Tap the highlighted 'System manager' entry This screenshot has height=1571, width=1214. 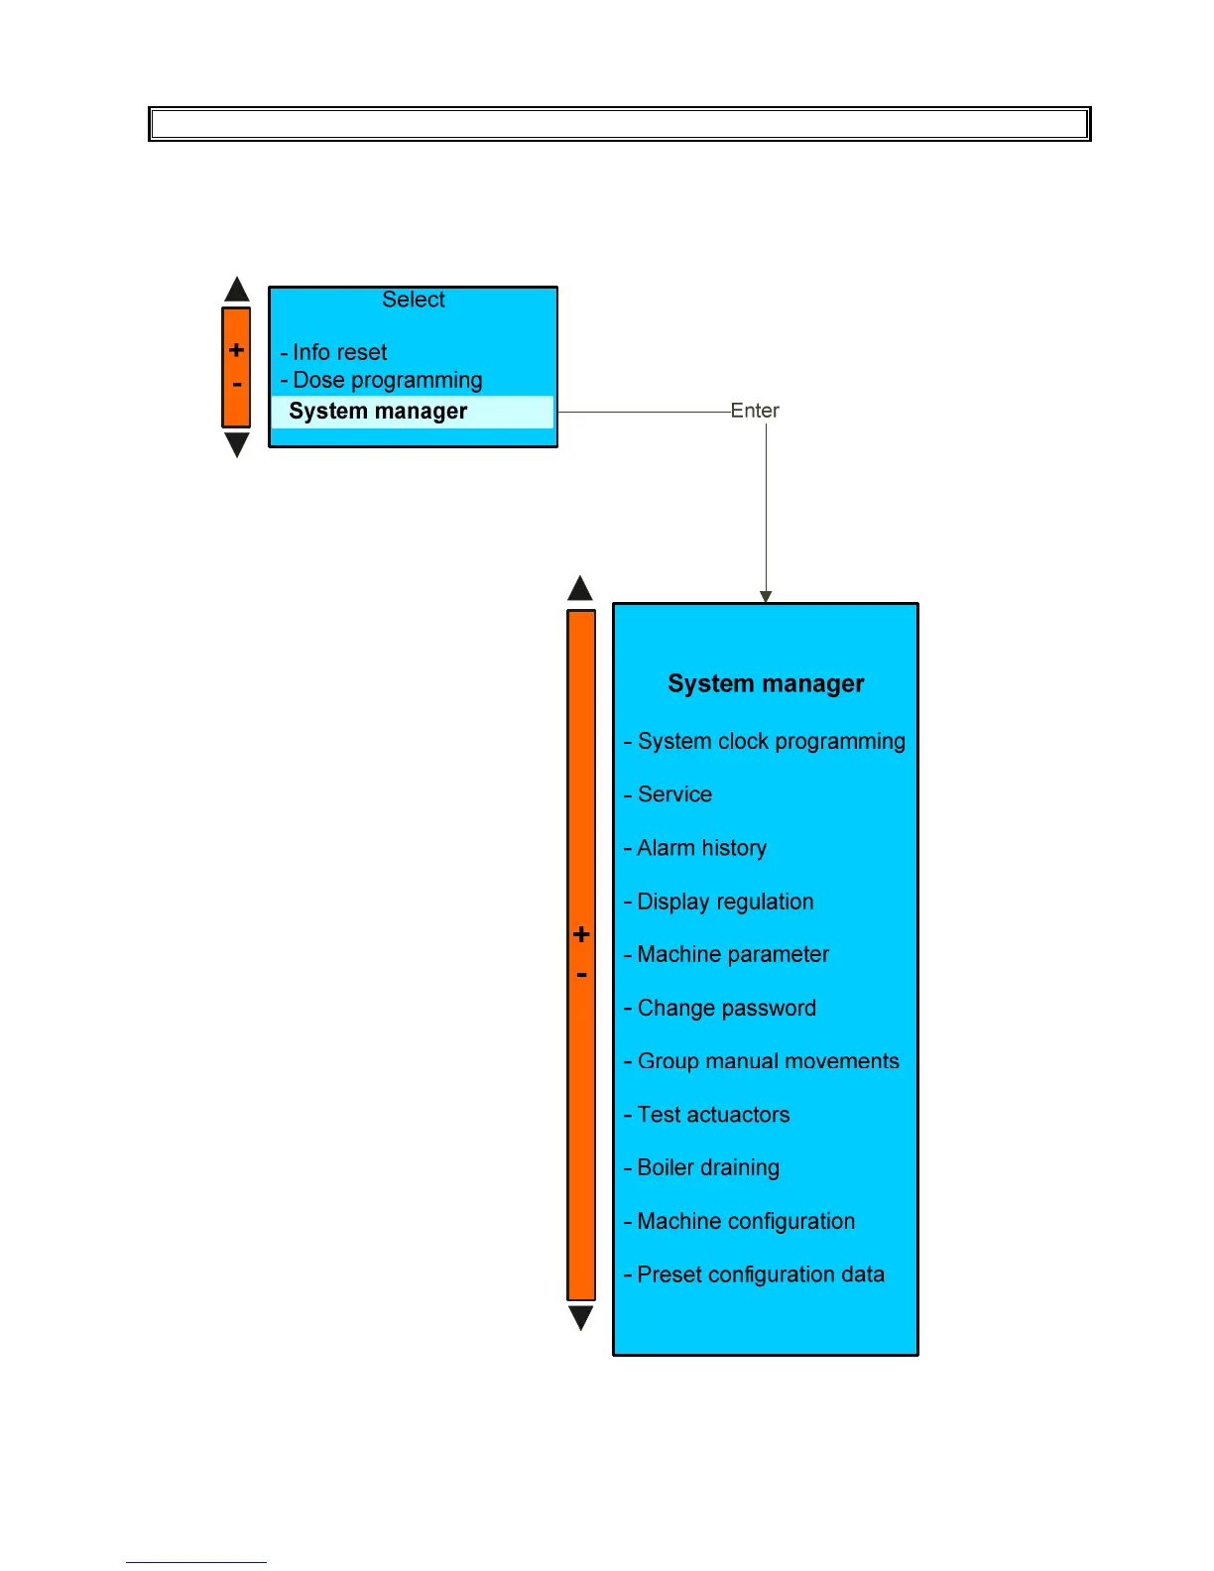(x=378, y=412)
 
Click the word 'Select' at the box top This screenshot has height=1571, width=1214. (x=414, y=300)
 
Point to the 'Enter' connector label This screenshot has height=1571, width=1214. (x=755, y=411)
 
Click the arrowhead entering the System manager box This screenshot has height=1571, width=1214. (x=766, y=596)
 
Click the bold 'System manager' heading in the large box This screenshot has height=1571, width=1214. (x=766, y=683)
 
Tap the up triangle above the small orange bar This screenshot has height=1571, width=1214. (x=237, y=291)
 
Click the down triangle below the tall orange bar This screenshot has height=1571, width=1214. (x=581, y=1317)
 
